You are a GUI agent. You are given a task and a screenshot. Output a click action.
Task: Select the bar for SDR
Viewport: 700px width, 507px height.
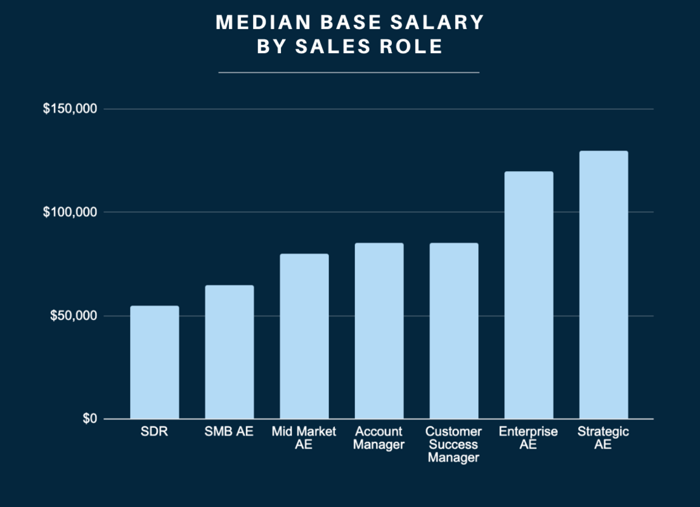tap(155, 363)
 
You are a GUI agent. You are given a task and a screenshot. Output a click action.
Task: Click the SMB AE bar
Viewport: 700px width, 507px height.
tap(229, 352)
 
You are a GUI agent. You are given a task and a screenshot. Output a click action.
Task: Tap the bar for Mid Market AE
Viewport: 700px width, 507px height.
tap(304, 337)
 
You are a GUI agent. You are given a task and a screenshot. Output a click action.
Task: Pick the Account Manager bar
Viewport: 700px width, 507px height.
tap(379, 331)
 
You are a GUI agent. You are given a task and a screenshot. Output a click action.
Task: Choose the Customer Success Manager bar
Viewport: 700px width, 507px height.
tap(453, 331)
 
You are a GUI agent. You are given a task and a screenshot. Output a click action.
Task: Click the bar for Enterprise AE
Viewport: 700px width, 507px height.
tap(528, 295)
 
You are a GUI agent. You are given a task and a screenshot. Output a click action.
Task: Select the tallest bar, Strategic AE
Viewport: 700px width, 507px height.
tap(603, 285)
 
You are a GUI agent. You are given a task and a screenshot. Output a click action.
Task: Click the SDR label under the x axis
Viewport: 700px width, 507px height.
tap(155, 432)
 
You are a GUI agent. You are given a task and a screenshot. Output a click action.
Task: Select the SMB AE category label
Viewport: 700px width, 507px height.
tap(229, 432)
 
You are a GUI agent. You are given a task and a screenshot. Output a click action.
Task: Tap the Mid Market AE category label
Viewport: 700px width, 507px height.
tap(304, 438)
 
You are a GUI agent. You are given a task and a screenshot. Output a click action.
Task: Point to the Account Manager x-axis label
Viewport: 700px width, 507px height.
tap(379, 438)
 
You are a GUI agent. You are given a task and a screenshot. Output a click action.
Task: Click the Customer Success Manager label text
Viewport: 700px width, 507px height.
tap(453, 444)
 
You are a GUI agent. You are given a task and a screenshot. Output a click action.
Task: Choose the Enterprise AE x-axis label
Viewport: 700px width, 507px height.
tap(528, 438)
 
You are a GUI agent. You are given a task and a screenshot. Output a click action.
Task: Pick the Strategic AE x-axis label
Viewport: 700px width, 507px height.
tap(603, 438)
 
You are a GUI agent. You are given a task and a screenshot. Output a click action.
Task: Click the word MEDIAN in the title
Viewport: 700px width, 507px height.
tap(256, 23)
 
